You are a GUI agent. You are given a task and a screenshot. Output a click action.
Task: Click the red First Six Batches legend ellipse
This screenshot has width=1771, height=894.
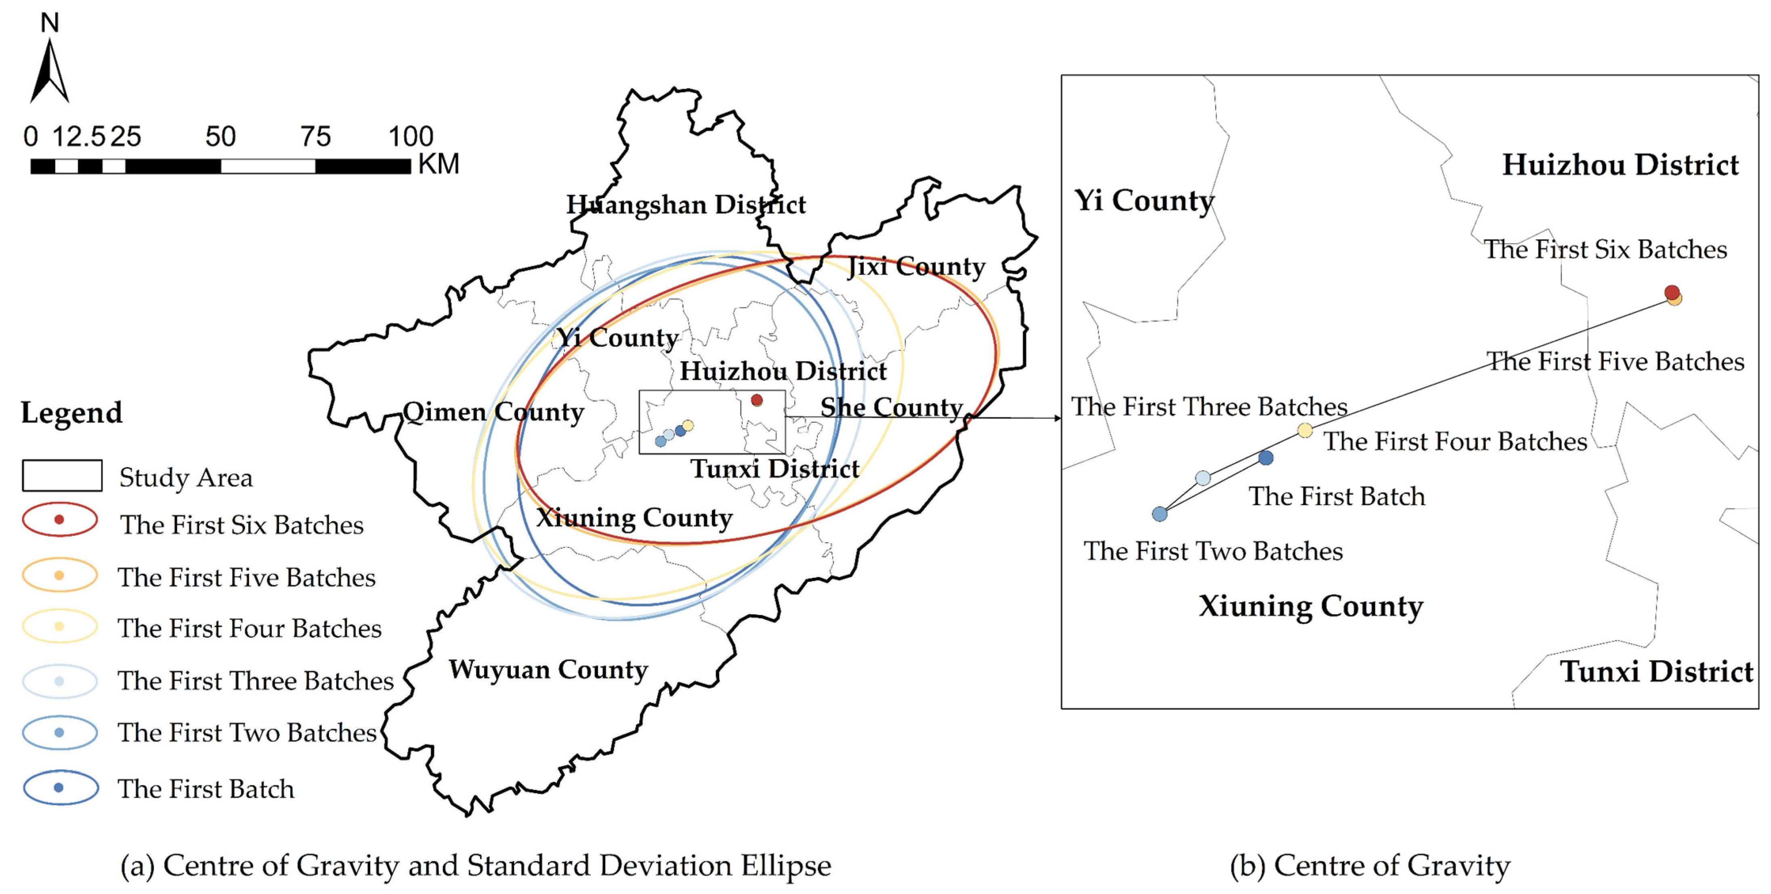[x=60, y=520]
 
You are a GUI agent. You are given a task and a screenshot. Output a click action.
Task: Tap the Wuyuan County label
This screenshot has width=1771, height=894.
[x=548, y=670]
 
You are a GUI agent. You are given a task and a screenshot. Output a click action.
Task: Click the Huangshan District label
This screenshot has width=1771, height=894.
[x=686, y=205]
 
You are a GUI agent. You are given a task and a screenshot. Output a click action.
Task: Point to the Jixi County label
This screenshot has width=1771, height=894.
[x=916, y=266]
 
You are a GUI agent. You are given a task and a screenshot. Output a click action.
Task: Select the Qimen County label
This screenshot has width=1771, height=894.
[x=493, y=412]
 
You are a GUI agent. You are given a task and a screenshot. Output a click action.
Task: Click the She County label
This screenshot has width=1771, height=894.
[x=891, y=408]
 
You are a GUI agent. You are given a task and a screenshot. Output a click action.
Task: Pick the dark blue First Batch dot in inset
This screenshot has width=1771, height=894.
[x=1266, y=458]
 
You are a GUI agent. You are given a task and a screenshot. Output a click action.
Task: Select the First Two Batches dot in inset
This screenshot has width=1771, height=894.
[x=1160, y=514]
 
